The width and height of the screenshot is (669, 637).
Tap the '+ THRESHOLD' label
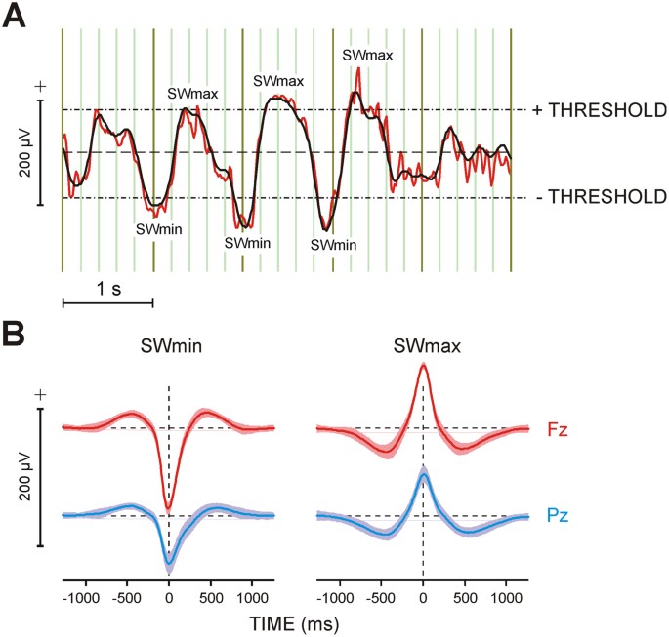pyautogui.click(x=599, y=109)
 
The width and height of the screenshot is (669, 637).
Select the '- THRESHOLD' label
pyautogui.click(x=601, y=197)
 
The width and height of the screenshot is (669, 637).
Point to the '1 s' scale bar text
pyautogui.click(x=107, y=289)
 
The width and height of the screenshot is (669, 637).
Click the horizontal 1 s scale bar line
pyautogui.click(x=107, y=303)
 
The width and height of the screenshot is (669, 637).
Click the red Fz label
pyautogui.click(x=559, y=428)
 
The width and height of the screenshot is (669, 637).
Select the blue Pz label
pyautogui.click(x=559, y=513)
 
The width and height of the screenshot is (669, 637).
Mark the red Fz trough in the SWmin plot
pyautogui.click(x=169, y=508)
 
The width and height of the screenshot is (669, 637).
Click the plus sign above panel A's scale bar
pyautogui.click(x=40, y=86)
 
